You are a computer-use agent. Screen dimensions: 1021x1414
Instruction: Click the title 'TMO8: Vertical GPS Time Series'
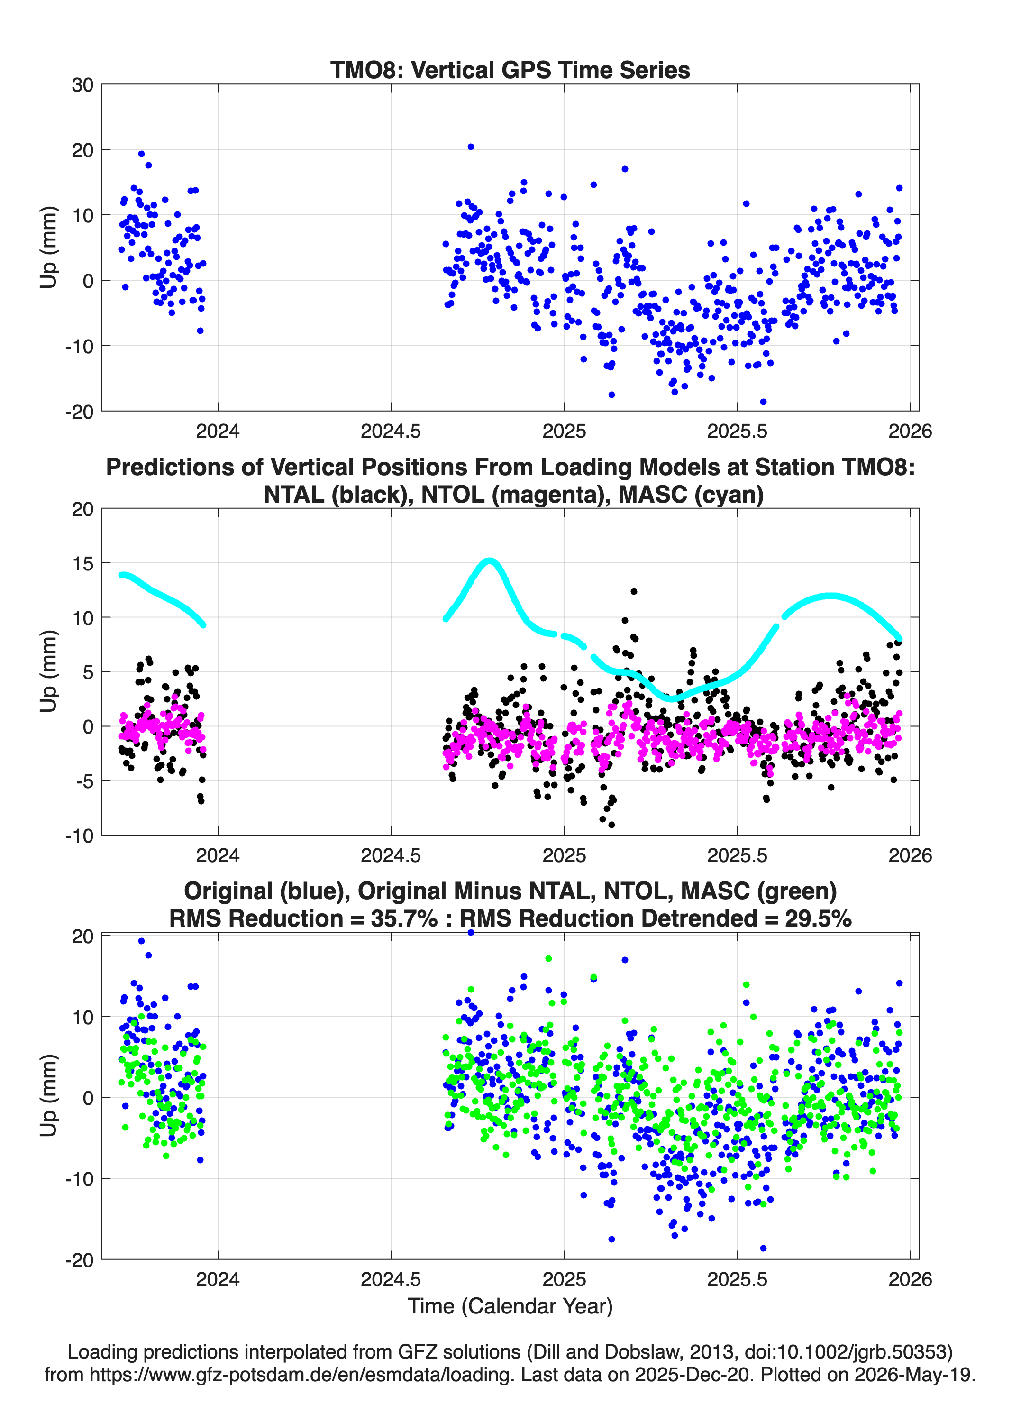(x=510, y=70)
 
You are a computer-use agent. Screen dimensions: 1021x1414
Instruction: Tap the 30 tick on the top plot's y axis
(x=82, y=85)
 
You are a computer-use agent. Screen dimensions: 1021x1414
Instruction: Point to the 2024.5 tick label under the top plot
(x=391, y=431)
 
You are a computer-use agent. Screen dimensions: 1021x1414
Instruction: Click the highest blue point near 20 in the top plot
(x=471, y=147)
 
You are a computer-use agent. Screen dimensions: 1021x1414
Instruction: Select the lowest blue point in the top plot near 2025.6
(x=763, y=402)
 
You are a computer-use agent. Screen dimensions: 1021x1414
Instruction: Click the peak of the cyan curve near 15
(x=490, y=560)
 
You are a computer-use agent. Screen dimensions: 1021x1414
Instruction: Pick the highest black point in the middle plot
(x=634, y=591)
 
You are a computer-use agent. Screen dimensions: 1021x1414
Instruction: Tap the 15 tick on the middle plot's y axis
(x=82, y=563)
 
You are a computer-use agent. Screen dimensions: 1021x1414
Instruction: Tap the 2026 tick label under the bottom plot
(x=910, y=1279)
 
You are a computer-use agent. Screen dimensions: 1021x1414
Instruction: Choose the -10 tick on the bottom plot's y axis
(x=79, y=1178)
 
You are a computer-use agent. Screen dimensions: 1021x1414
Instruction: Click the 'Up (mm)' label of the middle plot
(x=49, y=671)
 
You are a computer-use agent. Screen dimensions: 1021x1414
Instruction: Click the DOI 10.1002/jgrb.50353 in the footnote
(x=852, y=1352)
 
